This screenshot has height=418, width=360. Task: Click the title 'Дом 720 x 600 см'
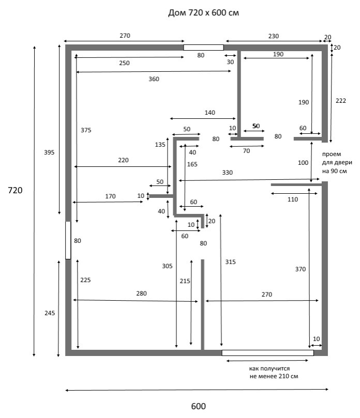coord(203,13)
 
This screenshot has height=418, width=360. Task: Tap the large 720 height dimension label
coord(15,190)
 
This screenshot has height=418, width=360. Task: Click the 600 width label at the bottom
coord(198,406)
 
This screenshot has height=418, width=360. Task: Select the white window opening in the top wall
coord(203,48)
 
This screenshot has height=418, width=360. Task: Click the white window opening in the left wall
coord(68,240)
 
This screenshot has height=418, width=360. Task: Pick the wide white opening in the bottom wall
coord(267,353)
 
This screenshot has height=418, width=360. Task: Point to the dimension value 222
coord(341,101)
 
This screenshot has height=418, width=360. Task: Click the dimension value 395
coord(49,152)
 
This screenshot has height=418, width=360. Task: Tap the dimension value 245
coord(50,313)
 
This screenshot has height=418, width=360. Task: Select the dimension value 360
coord(154,79)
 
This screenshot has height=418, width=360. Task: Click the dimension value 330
coord(228,173)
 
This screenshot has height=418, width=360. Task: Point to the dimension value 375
coord(86,130)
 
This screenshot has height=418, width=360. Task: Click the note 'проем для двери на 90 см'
coord(337,163)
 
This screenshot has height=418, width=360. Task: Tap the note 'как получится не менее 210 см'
coord(274,373)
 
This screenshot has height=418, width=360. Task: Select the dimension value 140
coord(210,113)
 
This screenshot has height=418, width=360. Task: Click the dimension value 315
coord(230,262)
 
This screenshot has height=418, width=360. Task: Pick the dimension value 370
coord(300,269)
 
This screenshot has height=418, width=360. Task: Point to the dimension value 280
coord(141,293)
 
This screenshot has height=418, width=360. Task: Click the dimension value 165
coord(192,164)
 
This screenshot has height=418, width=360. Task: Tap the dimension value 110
coord(293,199)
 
